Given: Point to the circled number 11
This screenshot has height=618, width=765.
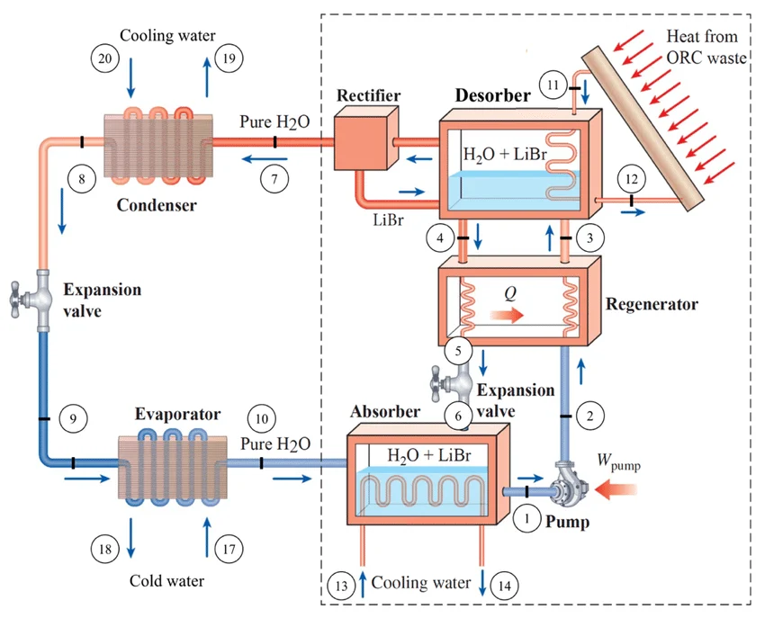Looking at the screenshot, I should click(x=555, y=85).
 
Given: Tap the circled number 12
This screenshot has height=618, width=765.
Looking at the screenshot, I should click(x=630, y=179).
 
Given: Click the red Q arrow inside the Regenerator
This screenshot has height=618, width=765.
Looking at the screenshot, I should click(x=509, y=317).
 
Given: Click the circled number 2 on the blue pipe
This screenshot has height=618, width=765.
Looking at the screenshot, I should click(x=590, y=415).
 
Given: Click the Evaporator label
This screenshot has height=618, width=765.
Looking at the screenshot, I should click(x=177, y=415).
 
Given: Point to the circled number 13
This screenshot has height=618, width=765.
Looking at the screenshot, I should click(x=340, y=586).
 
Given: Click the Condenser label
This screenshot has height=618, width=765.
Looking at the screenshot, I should click(x=157, y=204).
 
